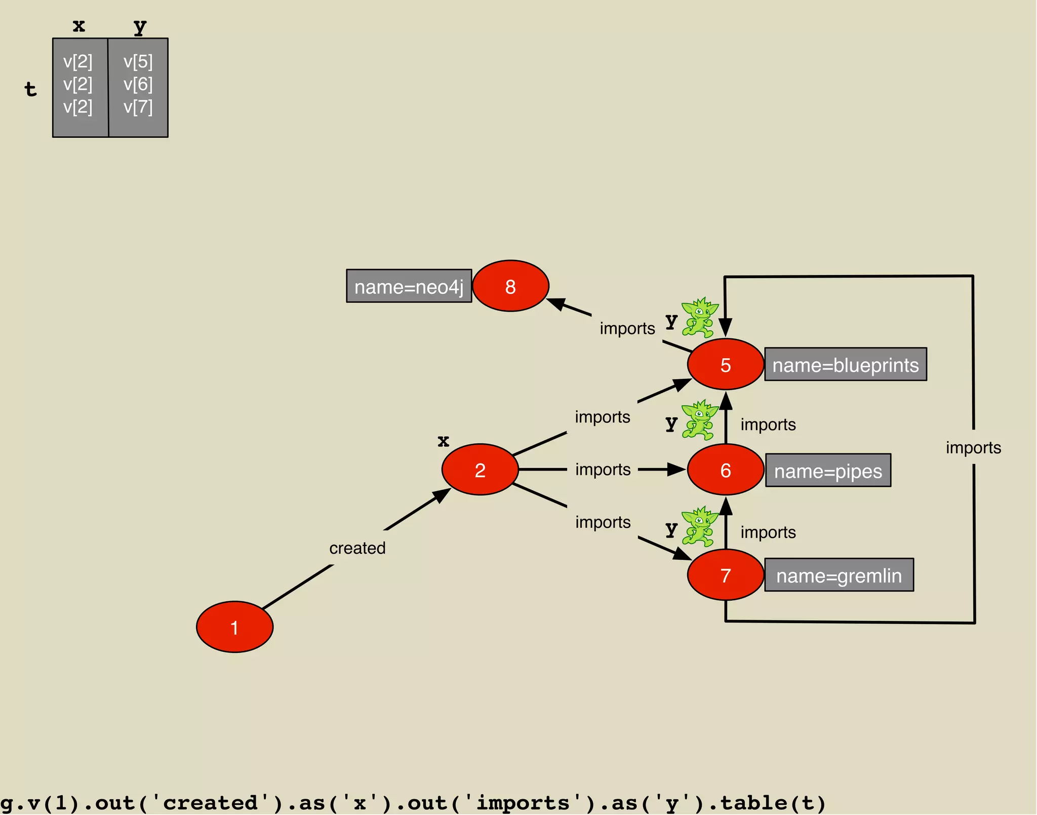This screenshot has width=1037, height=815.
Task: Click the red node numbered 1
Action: coord(234,627)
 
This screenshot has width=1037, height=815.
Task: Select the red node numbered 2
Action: coord(480,470)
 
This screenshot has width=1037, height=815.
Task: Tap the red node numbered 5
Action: coord(725,364)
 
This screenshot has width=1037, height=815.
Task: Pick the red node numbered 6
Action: coord(725,470)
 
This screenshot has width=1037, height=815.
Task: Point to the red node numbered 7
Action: coord(725,575)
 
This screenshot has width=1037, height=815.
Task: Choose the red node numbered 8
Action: coord(510,286)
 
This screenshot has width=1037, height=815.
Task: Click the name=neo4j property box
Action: coord(409,286)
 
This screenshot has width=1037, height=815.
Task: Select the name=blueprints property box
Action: coord(845,364)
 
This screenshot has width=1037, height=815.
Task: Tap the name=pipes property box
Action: coord(828,471)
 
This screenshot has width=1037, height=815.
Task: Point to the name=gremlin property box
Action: coord(839,575)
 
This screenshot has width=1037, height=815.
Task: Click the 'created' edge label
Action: coord(357,548)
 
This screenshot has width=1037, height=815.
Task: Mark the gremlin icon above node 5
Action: coord(699,317)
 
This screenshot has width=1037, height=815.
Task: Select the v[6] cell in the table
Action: coord(138,84)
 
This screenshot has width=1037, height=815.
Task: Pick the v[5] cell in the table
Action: coord(138,61)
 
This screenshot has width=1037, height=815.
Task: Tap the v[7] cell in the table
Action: coord(138,107)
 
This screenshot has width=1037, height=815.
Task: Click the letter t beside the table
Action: coord(30,89)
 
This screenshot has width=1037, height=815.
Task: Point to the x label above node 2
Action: coord(443,441)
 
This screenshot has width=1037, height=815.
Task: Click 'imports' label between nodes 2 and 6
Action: coord(603,470)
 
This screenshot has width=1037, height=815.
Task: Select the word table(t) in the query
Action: coord(772,802)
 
